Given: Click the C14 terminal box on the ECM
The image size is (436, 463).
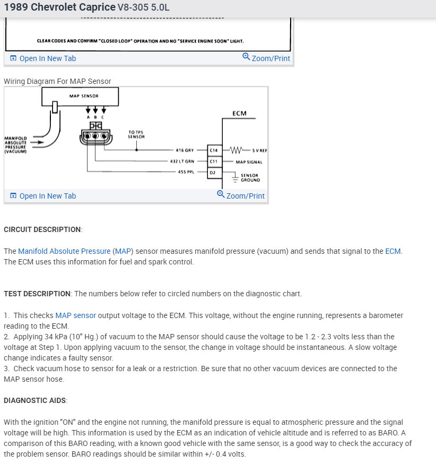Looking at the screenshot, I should pyautogui.click(x=213, y=150).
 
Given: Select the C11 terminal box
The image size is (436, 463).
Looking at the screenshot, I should pyautogui.click(x=213, y=161).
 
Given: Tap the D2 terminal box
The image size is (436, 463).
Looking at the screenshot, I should pyautogui.click(x=213, y=173).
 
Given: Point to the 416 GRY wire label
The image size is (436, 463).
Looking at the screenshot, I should pyautogui.click(x=185, y=150).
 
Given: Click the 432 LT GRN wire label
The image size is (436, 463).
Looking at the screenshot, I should pyautogui.click(x=182, y=161).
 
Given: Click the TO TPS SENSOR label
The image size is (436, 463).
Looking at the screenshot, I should pyautogui.click(x=136, y=134).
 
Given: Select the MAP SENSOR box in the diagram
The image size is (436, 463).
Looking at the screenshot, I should pyautogui.click(x=80, y=97).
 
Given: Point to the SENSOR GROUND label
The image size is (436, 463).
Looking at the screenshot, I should pyautogui.click(x=250, y=178).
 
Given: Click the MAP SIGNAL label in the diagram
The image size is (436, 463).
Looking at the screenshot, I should pyautogui.click(x=249, y=162).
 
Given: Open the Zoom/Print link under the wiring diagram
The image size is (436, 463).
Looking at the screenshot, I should pyautogui.click(x=241, y=195).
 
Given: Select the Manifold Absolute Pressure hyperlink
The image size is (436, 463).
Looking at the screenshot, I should pyautogui.click(x=64, y=251).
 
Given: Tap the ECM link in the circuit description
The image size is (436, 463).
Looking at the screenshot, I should pyautogui.click(x=393, y=251).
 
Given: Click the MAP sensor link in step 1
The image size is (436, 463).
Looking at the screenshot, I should pyautogui.click(x=75, y=315).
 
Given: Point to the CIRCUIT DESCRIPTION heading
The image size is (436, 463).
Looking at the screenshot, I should pyautogui.click(x=42, y=229).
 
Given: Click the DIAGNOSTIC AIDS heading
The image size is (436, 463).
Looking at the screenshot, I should pyautogui.click(x=35, y=400).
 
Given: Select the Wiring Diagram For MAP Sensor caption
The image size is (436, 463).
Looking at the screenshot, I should pyautogui.click(x=57, y=81).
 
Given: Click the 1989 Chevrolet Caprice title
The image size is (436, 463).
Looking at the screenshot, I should pyautogui.click(x=59, y=7).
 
